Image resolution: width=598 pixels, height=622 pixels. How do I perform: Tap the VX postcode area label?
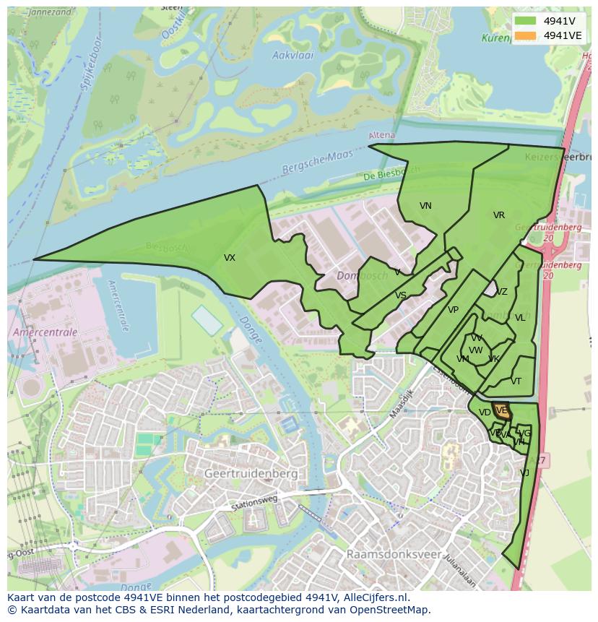[x=229, y=258]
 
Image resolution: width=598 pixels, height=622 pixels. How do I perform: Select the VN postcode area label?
[x=425, y=206]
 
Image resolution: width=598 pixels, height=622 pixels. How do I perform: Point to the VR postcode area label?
[x=498, y=215]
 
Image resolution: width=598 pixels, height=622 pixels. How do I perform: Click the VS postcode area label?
[x=400, y=295]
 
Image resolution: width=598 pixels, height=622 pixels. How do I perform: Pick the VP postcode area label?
[x=453, y=310]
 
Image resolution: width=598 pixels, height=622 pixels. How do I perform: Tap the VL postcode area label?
[x=520, y=317]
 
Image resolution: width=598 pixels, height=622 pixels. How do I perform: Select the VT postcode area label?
[x=516, y=381]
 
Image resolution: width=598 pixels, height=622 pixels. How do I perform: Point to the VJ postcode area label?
[x=524, y=472]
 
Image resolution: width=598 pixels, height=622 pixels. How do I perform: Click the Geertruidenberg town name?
[x=251, y=473]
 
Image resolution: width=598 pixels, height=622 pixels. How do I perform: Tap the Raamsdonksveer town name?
[x=393, y=554]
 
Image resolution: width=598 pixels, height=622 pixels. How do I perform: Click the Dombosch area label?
[x=363, y=275]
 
